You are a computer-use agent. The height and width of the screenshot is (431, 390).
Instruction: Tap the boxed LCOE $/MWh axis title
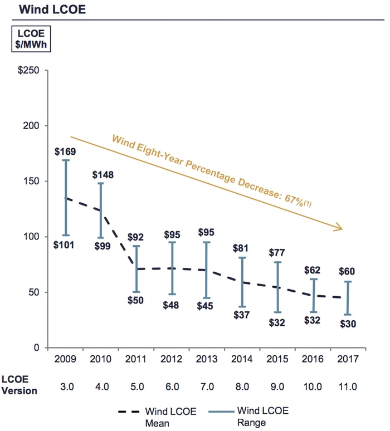click(x=27, y=38)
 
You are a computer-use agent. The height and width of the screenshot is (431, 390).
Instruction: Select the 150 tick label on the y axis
click(x=35, y=182)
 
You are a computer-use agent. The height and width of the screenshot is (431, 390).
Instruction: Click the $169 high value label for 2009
click(x=65, y=151)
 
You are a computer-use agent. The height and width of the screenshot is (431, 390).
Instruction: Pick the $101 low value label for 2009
click(x=65, y=245)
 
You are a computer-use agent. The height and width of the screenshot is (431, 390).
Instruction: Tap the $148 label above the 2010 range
click(x=103, y=175)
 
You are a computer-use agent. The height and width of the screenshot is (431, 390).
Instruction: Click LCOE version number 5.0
click(x=137, y=385)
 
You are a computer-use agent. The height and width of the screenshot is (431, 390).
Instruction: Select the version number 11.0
click(x=348, y=385)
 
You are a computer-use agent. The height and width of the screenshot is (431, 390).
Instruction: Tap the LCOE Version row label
click(x=19, y=385)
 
